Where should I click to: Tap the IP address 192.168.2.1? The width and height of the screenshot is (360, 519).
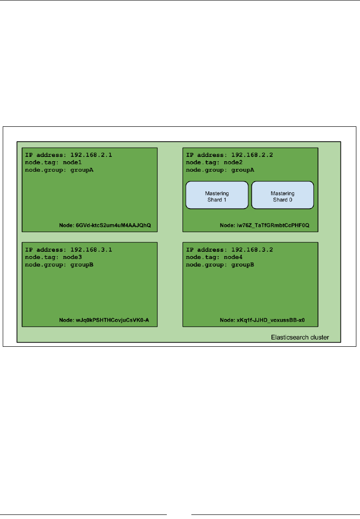pos(91,155)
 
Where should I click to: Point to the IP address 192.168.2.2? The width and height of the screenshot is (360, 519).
pos(252,155)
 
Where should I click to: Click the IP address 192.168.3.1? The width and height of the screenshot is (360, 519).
pos(91,250)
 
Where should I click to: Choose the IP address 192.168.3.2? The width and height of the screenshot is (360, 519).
pos(252,250)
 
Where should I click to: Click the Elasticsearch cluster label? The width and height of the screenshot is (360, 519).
pos(300,338)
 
